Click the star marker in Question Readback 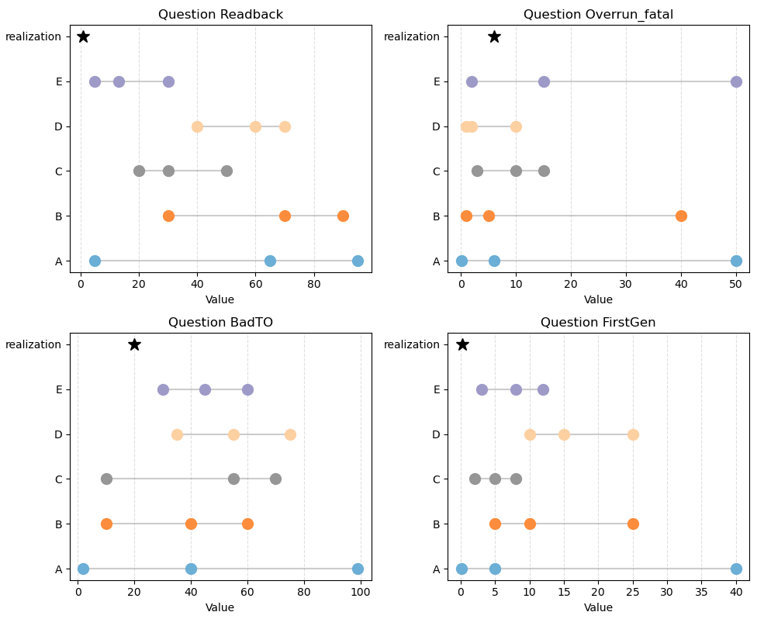(83, 36)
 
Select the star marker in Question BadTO (134, 344)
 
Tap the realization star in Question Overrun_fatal (494, 36)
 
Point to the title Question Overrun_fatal (598, 14)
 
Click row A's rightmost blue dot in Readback (358, 261)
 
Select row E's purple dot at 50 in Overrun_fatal (736, 81)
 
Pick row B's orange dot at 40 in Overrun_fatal (681, 216)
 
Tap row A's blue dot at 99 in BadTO (358, 569)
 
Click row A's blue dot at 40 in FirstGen (736, 569)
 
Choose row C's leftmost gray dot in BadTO (106, 479)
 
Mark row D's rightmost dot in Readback (285, 126)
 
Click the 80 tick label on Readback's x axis (314, 285)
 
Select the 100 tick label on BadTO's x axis (361, 593)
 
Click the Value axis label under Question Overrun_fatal (598, 299)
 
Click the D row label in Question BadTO (58, 434)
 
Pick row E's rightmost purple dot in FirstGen (543, 389)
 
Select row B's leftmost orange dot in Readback (168, 216)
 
